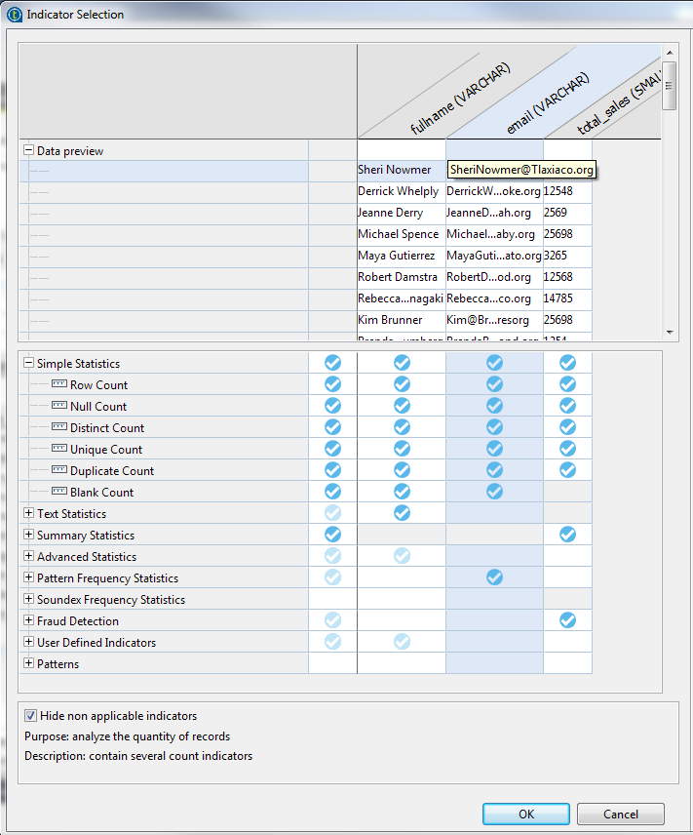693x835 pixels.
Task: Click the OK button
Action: pyautogui.click(x=526, y=814)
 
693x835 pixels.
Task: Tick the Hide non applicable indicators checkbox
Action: pyautogui.click(x=31, y=716)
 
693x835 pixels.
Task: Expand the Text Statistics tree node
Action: pyautogui.click(x=28, y=514)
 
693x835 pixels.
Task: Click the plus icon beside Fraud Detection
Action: pyautogui.click(x=28, y=621)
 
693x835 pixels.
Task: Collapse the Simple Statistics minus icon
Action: pyautogui.click(x=28, y=364)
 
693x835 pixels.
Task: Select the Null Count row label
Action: pyautogui.click(x=98, y=407)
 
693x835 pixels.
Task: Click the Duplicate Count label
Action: pyautogui.click(x=112, y=471)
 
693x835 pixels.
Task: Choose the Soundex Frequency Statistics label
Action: pyautogui.click(x=110, y=600)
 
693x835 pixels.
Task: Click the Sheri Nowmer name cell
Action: pyautogui.click(x=395, y=170)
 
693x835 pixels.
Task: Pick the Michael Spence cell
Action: pyautogui.click(x=399, y=234)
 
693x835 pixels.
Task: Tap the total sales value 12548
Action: pyautogui.click(x=558, y=191)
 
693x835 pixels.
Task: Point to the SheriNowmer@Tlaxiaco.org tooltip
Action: pyautogui.click(x=520, y=170)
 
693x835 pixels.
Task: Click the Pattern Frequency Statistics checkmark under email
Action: pyautogui.click(x=494, y=577)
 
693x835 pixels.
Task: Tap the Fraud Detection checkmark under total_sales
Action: pyautogui.click(x=567, y=620)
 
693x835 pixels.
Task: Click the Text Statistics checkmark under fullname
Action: pyautogui.click(x=402, y=513)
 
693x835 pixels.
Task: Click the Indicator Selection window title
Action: pyautogui.click(x=75, y=15)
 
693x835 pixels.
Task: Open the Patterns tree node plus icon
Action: pyautogui.click(x=28, y=664)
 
